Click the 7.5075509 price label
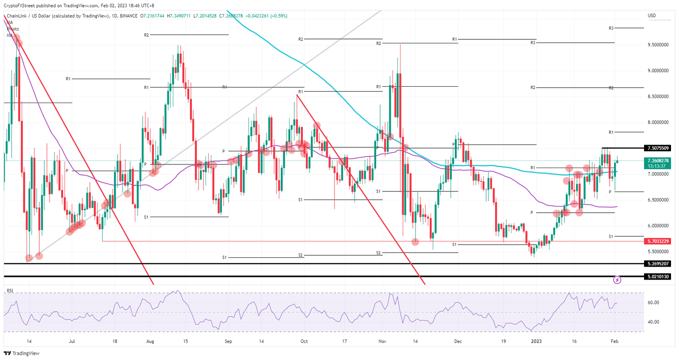[x=658, y=148]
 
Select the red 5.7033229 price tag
[x=658, y=241]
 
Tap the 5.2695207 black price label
[x=658, y=264]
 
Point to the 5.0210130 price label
[x=658, y=277]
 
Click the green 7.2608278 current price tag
[x=658, y=161]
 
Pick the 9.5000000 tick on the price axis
[x=658, y=45]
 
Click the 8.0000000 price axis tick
[x=658, y=123]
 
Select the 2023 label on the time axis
[x=536, y=341]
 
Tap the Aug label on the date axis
[x=150, y=341]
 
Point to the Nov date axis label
[x=382, y=341]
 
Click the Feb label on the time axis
[x=614, y=341]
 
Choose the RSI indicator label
[x=10, y=291]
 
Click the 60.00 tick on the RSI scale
[x=653, y=303]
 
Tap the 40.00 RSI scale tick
[x=653, y=322]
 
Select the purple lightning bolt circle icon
[x=617, y=280]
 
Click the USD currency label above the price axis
[x=652, y=16]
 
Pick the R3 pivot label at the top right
[x=611, y=28]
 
